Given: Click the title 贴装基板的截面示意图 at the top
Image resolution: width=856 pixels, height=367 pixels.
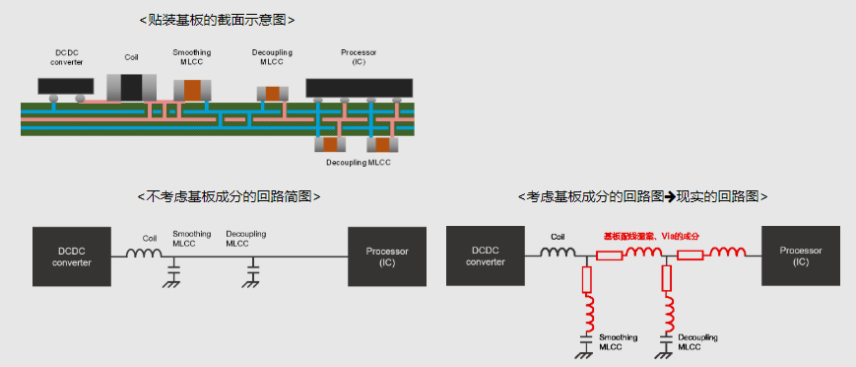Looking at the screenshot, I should coord(216,19).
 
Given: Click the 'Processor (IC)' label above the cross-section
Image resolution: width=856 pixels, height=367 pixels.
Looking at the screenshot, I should coord(359,56).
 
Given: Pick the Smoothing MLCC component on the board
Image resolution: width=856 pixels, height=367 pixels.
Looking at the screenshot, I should coord(193,90).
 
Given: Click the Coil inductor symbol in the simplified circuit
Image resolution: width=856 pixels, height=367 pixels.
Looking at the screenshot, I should coord(146,256).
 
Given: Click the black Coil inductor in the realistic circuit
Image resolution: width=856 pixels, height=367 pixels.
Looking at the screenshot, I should coord(559,255).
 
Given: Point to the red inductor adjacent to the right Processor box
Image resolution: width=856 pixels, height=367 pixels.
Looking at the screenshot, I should coord(729,255).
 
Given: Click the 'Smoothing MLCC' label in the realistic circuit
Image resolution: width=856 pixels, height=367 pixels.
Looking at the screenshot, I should coord(618,342).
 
